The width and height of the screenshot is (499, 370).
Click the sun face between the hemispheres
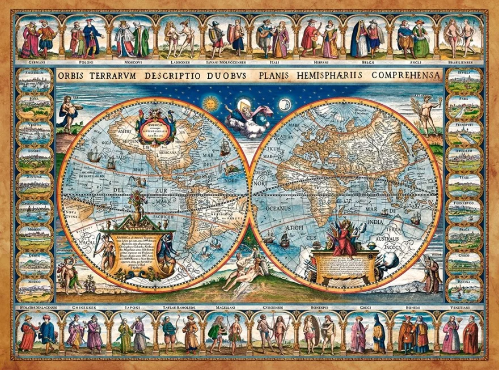tap(210, 103)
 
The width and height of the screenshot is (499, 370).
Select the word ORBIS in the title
tap(75, 75)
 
